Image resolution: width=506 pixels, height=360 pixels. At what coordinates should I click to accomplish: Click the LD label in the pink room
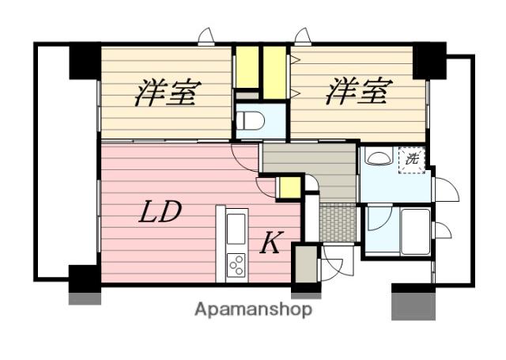click(x=160, y=211)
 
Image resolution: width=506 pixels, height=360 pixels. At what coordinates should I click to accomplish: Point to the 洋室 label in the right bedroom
click(x=359, y=91)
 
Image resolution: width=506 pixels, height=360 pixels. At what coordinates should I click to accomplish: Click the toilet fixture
click(x=251, y=121)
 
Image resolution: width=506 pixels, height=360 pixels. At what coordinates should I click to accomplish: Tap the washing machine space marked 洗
click(x=412, y=160)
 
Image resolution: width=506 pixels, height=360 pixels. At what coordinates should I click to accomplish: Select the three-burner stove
click(x=236, y=265)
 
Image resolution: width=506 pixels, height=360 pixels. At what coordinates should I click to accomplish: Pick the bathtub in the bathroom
click(x=415, y=231)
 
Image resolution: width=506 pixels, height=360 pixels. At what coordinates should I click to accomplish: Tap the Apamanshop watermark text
click(x=253, y=310)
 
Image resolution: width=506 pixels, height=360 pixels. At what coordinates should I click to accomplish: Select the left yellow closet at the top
click(x=247, y=67)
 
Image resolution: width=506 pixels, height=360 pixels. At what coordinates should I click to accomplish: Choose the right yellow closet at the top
click(x=274, y=73)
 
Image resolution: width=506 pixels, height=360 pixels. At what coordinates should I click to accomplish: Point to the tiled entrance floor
click(x=338, y=222)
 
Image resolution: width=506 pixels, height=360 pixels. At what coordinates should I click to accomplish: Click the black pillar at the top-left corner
click(x=85, y=61)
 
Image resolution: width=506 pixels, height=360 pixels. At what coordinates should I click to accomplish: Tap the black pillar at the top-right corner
click(x=429, y=61)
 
